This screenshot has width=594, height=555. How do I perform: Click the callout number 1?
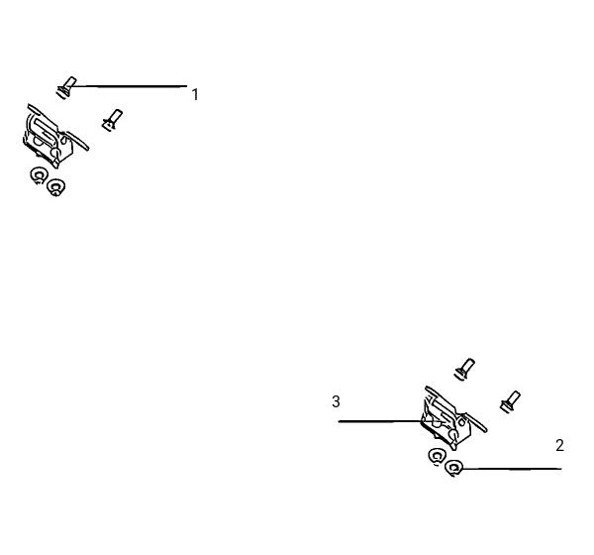[x=195, y=94]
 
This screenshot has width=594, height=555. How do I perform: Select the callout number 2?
[x=559, y=445]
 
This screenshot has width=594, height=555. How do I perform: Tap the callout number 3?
[x=336, y=401]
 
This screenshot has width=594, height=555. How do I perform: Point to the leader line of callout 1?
[x=129, y=86]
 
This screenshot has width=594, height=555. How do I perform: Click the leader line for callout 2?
[x=511, y=469]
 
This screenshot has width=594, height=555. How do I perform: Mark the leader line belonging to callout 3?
[x=381, y=421]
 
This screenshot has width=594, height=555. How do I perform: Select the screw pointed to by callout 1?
[x=66, y=87]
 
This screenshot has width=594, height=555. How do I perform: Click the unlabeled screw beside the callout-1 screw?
[x=112, y=120]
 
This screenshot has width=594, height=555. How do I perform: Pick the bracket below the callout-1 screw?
[x=54, y=136]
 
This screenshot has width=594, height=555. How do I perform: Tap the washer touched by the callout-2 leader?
[x=453, y=468]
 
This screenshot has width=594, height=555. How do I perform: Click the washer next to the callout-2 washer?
[x=437, y=456]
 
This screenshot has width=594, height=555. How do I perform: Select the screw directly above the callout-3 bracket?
[x=465, y=369]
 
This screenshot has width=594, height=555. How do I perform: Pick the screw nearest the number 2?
[x=510, y=401]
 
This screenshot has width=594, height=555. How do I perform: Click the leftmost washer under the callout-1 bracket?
[x=39, y=175]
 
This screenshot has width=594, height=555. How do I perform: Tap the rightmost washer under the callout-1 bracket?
[x=55, y=187]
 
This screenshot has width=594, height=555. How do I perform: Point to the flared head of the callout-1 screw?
[x=62, y=92]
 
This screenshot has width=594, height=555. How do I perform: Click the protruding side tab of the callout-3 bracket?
[x=477, y=422]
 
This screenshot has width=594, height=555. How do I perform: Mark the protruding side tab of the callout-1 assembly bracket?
[x=78, y=141]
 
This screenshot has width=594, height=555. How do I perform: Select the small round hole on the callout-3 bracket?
[x=461, y=422]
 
